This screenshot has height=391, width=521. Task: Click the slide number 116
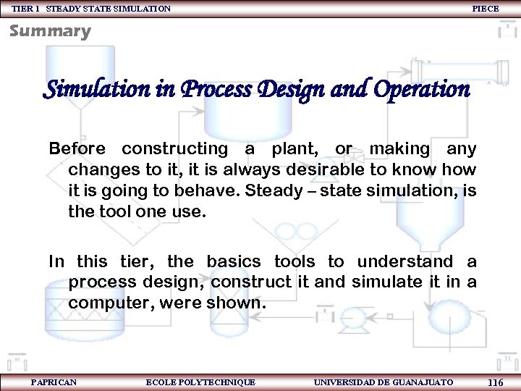click(x=496, y=382)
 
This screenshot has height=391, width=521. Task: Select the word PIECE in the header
click(x=485, y=8)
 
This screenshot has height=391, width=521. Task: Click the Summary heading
click(x=50, y=31)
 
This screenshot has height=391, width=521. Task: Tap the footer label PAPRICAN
click(x=54, y=382)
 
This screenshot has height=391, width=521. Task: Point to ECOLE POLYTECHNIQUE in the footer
click(x=200, y=382)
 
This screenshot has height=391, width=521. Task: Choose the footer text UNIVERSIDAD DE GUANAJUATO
click(x=384, y=382)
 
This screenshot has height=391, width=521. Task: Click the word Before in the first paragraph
click(x=77, y=149)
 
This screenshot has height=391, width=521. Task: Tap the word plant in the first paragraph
click(x=297, y=149)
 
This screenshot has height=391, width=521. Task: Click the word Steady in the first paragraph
click(x=274, y=192)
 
